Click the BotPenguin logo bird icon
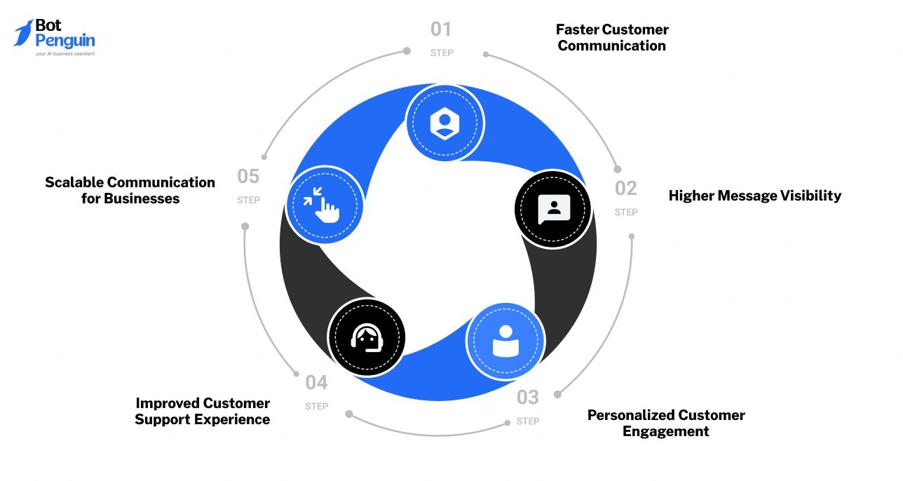[23, 33]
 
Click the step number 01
[441, 29]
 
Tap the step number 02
[626, 189]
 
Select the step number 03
[528, 398]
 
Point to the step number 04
[316, 383]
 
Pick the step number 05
[248, 176]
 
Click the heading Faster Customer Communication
[612, 38]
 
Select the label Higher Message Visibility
[754, 196]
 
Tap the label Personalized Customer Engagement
[666, 423]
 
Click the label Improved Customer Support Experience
[203, 411]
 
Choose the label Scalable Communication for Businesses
[130, 190]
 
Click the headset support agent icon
[367, 337]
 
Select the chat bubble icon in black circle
[554, 208]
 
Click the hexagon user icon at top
[444, 123]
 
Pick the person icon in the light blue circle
[505, 341]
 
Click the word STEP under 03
[528, 421]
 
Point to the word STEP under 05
[248, 200]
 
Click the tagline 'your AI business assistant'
[65, 53]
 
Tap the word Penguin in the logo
[65, 41]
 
